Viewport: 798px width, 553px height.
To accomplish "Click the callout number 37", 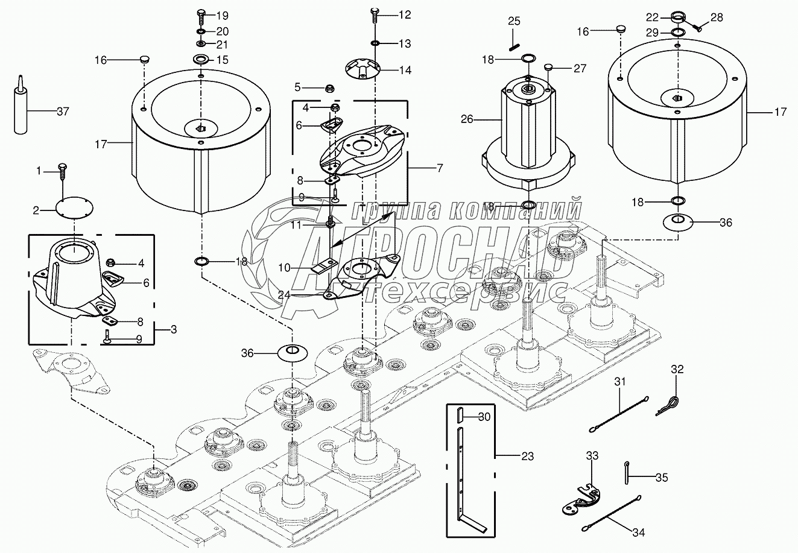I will (x=63, y=112).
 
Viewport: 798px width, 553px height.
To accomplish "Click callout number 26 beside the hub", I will (x=467, y=119).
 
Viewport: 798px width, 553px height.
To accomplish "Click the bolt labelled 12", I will (x=375, y=14).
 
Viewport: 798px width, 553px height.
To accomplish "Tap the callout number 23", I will (x=527, y=457).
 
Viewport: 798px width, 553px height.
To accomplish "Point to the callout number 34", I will (x=639, y=532).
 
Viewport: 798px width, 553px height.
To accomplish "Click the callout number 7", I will (x=440, y=168).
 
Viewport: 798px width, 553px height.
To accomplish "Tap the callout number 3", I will (x=174, y=329).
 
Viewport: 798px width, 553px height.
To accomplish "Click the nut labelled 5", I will (x=329, y=89).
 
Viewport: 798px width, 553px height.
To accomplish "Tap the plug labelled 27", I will (x=548, y=68).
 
